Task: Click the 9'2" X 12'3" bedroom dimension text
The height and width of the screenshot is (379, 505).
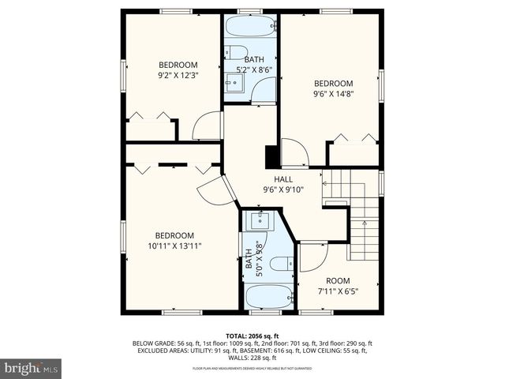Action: coord(178,76)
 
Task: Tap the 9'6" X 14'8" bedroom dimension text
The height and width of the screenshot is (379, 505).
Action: coord(333,94)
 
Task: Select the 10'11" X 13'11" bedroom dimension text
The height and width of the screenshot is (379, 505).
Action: coord(174,246)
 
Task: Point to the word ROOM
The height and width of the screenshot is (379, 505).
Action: coord(338,280)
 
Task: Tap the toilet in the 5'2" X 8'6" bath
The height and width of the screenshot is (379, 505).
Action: coord(237,53)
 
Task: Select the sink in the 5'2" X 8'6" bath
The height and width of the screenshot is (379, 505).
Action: coord(234,84)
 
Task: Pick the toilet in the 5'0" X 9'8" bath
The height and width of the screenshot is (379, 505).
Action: coord(281,264)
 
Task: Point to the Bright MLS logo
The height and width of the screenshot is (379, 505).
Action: coord(32,368)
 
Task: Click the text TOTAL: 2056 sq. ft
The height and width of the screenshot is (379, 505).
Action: coord(252,335)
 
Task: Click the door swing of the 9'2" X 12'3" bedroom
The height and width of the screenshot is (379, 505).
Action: coord(208,126)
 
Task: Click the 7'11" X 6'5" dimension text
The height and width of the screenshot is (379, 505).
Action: coord(338,291)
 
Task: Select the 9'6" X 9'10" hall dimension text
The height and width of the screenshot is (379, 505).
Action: coord(283,189)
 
